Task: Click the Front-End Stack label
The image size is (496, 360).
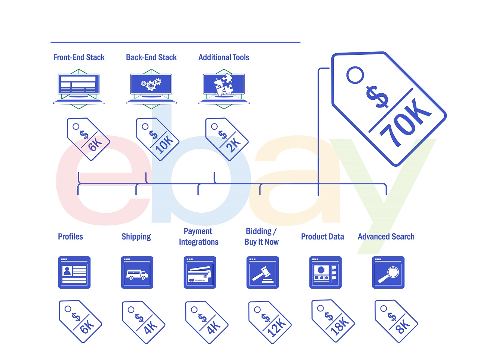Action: pos(79,57)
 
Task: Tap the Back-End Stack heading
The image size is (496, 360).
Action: pos(151,57)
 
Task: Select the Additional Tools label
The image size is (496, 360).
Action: pos(224,57)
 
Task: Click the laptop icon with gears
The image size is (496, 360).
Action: pos(151,88)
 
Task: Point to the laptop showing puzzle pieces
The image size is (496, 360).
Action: pos(224,88)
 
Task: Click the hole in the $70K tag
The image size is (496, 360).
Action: pos(355,75)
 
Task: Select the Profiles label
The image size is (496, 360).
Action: pos(70,237)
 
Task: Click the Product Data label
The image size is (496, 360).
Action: pos(322,237)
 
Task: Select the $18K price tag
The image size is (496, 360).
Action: pos(333,321)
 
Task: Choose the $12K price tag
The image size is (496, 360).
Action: pos(270,322)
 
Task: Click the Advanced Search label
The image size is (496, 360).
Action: pos(386,237)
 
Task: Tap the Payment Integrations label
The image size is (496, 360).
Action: pos(198,237)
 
